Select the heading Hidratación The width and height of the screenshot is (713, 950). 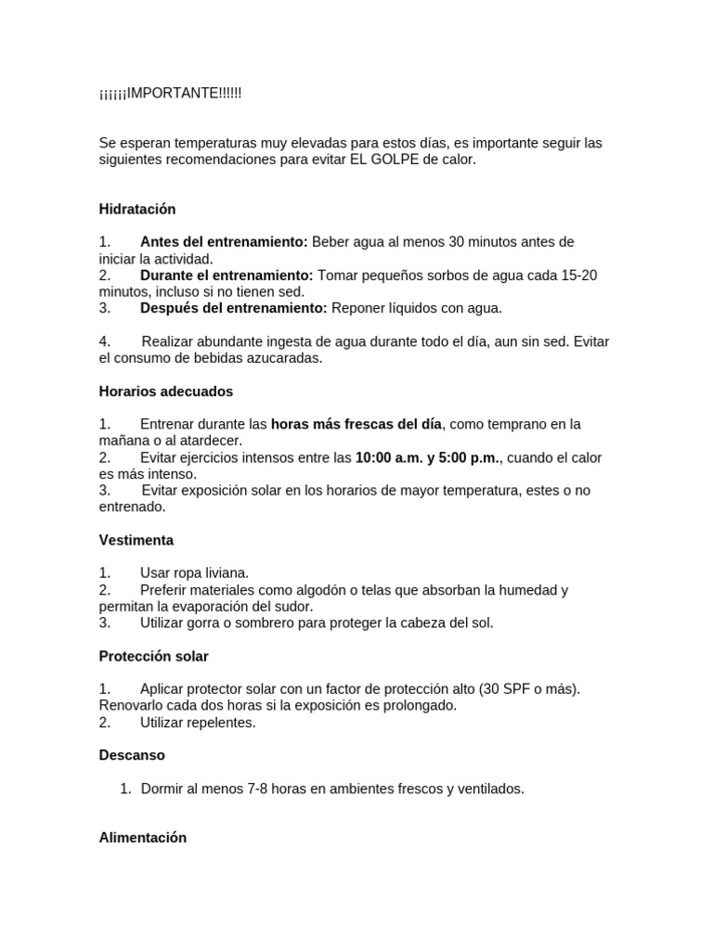[137, 209]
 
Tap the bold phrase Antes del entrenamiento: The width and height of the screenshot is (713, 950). [224, 242]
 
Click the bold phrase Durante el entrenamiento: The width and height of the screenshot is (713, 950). [227, 276]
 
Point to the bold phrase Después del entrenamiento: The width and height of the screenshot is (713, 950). [233, 308]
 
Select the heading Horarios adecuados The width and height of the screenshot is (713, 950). [166, 392]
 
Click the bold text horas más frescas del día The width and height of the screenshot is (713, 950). [356, 424]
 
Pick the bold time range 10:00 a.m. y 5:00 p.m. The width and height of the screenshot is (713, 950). [427, 457]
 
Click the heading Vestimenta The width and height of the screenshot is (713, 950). [136, 540]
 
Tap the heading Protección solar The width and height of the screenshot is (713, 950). [153, 656]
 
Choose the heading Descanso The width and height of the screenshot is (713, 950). [132, 755]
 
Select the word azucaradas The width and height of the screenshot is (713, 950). [283, 358]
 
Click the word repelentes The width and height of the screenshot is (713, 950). [219, 722]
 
